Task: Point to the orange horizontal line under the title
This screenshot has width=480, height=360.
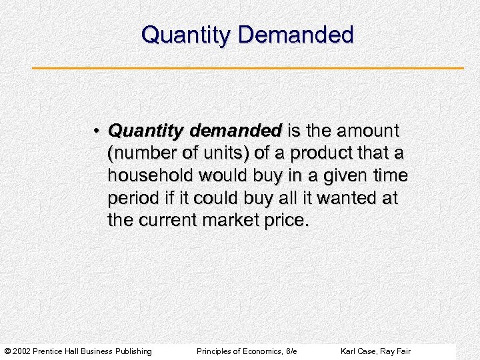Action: [248, 68]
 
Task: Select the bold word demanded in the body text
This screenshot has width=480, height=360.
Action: [239, 131]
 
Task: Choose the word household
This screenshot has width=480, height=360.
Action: [145, 176]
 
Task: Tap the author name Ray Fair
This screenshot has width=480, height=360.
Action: [396, 351]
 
